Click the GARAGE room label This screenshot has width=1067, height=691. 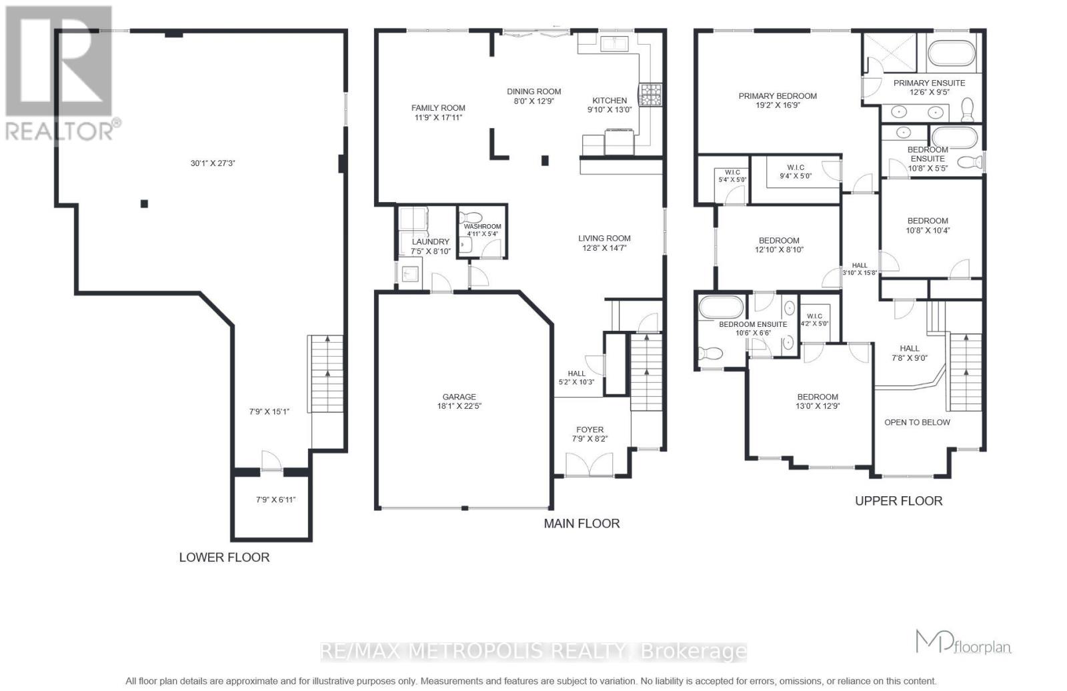point(459,397)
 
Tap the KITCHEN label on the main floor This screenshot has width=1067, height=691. point(610,101)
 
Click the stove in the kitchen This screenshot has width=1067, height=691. point(650,94)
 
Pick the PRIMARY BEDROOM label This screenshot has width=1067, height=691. point(778,96)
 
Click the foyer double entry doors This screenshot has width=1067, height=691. point(589,464)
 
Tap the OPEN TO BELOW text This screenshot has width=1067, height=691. point(917,422)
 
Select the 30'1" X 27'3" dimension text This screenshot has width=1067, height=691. point(213,162)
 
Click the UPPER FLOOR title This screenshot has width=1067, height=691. point(898,501)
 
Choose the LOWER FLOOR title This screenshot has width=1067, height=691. point(224,557)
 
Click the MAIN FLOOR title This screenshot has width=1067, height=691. point(582,524)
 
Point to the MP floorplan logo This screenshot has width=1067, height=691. point(963,642)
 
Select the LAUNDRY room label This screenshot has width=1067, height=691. point(430,241)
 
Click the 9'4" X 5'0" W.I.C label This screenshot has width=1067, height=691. point(796,172)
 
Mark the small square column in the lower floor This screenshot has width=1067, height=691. point(144,203)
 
